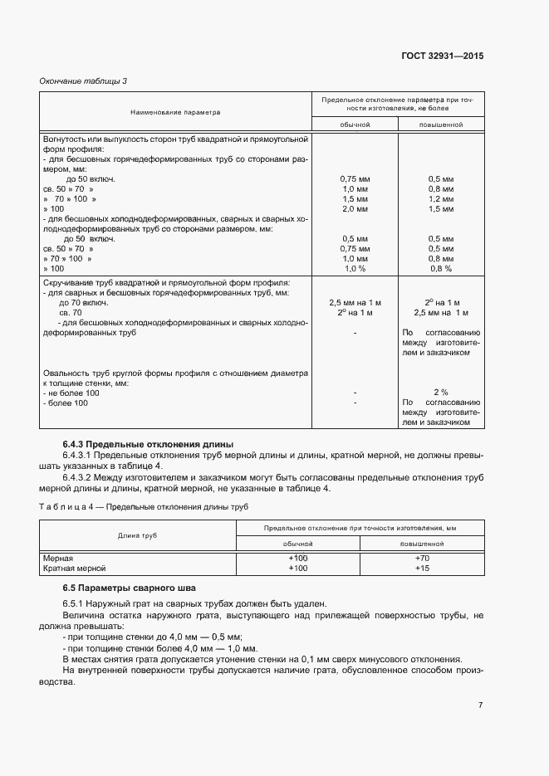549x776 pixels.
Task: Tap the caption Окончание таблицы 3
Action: tap(84, 81)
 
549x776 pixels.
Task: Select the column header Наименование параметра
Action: tap(175, 110)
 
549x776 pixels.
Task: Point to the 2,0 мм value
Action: tap(355, 209)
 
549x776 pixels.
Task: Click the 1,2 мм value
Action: tap(440, 199)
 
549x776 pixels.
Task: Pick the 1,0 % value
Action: tap(355, 269)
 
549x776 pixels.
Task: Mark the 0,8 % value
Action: tap(440, 269)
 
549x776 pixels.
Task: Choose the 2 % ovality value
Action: tap(440, 393)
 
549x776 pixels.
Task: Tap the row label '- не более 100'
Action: tap(71, 393)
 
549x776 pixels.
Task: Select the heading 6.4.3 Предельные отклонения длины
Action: tap(148, 444)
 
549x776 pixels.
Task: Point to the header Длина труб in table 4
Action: tap(138, 535)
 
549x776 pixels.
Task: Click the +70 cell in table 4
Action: tap(421, 559)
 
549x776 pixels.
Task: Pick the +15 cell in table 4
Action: tap(421, 569)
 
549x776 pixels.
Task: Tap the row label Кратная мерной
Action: tap(75, 569)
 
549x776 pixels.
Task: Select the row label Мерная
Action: tap(58, 559)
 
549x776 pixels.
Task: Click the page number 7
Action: tap(480, 705)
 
